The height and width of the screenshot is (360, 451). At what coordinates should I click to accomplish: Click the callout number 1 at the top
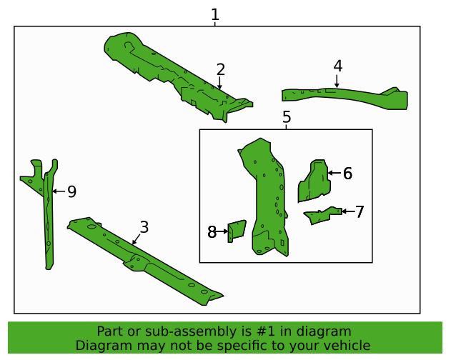point(215,14)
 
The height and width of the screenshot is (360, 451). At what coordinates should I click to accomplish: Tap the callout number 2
point(221,69)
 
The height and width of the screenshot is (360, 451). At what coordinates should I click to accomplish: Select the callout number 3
point(144,227)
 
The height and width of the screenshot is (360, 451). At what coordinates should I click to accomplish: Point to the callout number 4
point(338,66)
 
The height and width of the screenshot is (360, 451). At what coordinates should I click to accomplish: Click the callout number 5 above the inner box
point(287,117)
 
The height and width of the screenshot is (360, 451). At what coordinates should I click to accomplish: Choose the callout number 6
point(348,174)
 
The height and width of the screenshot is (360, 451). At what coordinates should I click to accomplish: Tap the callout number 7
point(360,212)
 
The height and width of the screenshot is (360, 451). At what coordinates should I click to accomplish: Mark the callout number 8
point(212,231)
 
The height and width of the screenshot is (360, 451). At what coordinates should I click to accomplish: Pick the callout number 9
point(72,191)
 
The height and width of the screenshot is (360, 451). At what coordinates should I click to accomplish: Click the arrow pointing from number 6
point(334,173)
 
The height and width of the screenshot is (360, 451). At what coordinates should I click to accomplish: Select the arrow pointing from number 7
point(348,211)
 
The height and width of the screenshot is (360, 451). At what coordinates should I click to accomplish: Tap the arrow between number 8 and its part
point(222,231)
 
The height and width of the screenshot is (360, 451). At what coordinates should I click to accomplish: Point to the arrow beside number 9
point(59,191)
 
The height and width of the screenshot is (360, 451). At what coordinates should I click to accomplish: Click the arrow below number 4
point(337,81)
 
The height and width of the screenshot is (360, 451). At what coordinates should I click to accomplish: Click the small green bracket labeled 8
point(237,231)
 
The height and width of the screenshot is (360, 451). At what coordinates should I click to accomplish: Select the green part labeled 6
point(314,181)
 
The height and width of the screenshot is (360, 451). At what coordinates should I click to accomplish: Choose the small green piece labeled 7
point(323,214)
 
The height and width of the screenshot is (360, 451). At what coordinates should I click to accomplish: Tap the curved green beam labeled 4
point(345,97)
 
